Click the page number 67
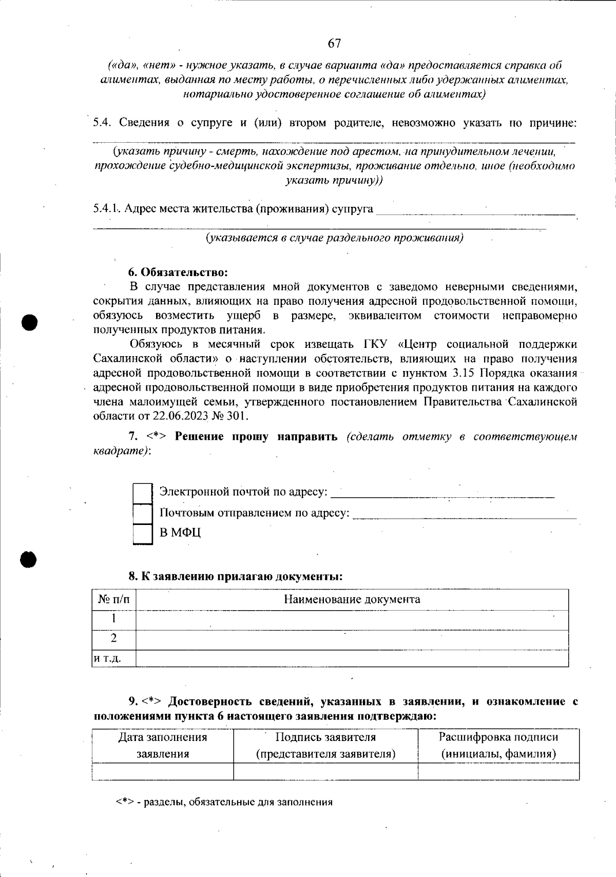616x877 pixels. (x=334, y=44)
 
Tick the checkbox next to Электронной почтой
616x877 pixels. (x=143, y=493)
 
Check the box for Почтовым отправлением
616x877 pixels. (x=143, y=513)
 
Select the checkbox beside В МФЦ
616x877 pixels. (x=143, y=533)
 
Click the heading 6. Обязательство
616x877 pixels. (x=178, y=271)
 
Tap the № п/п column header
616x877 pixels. (x=114, y=599)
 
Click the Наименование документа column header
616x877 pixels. (x=352, y=599)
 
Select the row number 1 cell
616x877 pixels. (x=114, y=619)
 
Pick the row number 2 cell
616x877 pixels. (x=114, y=638)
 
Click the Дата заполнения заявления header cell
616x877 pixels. (x=163, y=745)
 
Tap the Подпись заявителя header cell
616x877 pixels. (x=325, y=745)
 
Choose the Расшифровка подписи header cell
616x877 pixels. (x=498, y=745)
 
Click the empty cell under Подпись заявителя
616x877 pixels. (x=325, y=771)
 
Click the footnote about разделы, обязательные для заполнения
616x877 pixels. (x=224, y=802)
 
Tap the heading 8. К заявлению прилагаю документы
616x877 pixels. (x=235, y=576)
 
